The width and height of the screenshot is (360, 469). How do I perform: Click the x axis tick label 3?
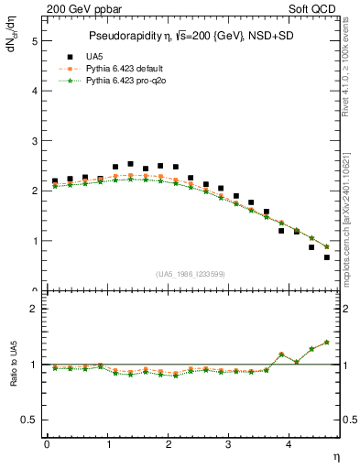tap(229, 444)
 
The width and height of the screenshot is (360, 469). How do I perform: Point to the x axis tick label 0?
tap(47, 444)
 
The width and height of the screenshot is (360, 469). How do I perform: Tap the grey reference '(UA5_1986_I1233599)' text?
tap(191, 274)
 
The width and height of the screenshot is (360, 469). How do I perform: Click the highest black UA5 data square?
tap(130, 164)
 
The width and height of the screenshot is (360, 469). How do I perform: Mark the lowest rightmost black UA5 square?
tap(326, 257)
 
